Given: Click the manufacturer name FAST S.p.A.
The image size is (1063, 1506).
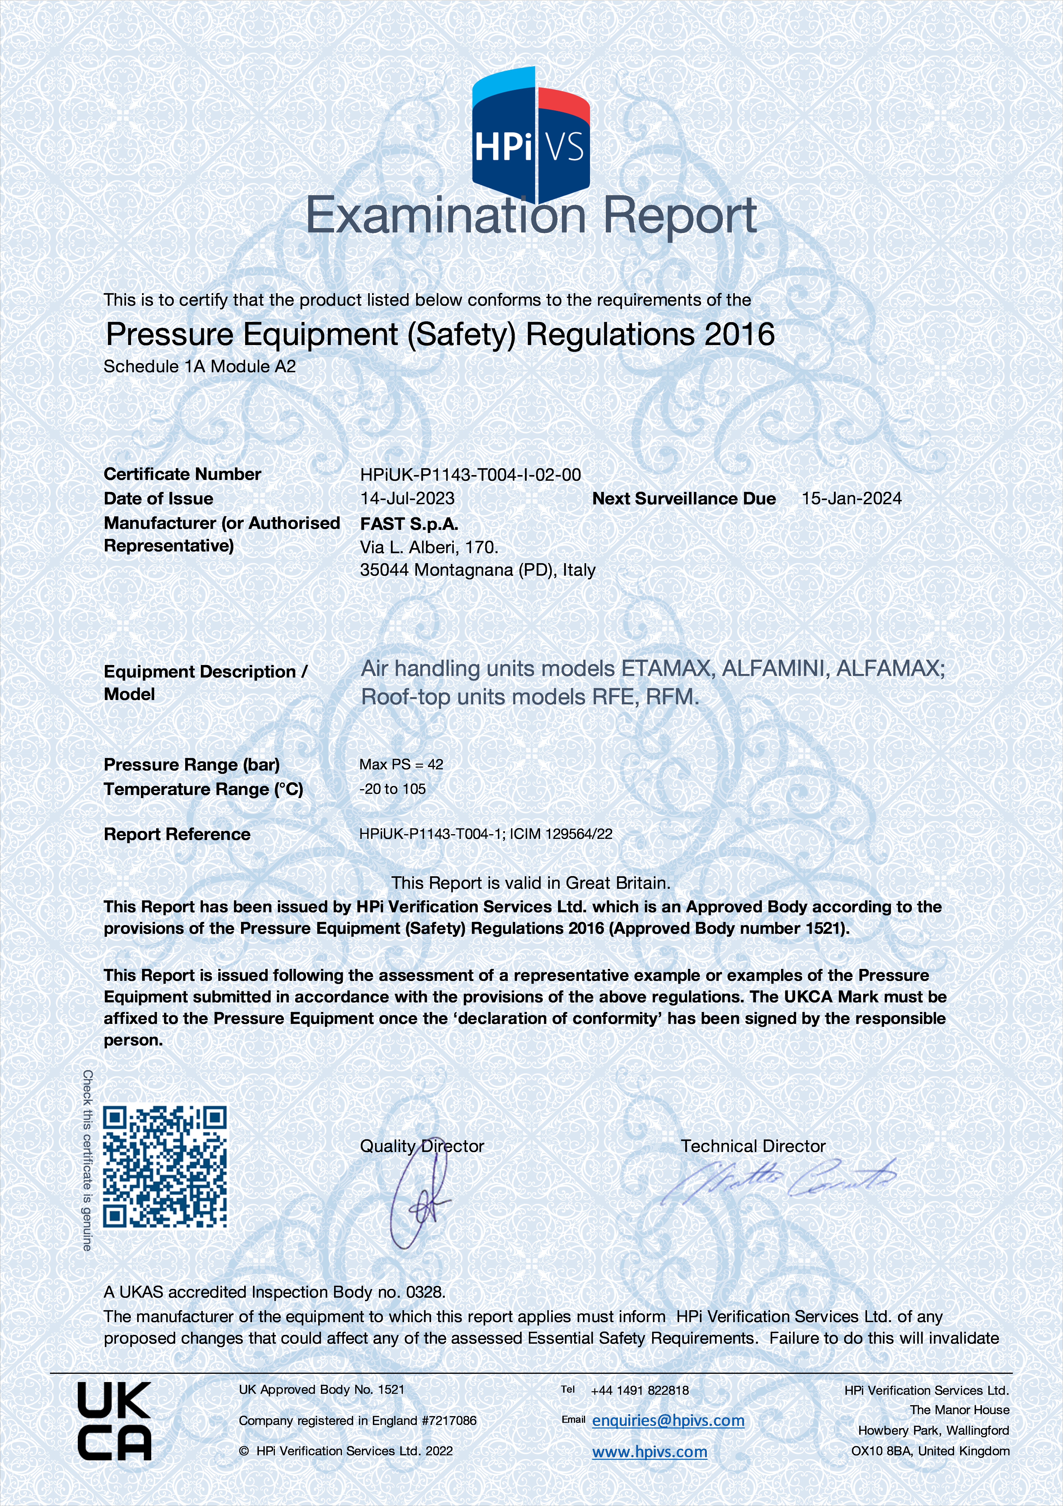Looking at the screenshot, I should (x=409, y=523).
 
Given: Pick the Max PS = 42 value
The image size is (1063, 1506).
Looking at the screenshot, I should (x=401, y=764).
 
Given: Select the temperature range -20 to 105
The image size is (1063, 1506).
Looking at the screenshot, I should (x=392, y=789).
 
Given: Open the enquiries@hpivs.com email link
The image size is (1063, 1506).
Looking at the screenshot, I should (x=668, y=1421).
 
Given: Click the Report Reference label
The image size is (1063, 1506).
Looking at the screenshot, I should (x=177, y=834).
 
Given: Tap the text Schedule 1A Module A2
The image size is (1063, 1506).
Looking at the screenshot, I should (x=199, y=367).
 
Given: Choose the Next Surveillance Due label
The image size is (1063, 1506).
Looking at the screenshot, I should (x=684, y=499).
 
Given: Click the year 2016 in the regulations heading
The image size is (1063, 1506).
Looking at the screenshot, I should (x=739, y=334).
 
